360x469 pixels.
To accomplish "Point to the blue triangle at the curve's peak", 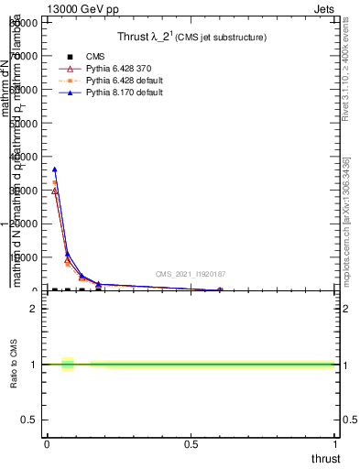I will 55,169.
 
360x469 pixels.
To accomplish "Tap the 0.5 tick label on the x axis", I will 191,445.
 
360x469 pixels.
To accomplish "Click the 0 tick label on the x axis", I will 47,445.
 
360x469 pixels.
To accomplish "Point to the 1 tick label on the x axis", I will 335,445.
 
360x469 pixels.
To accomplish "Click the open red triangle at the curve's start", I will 55,191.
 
